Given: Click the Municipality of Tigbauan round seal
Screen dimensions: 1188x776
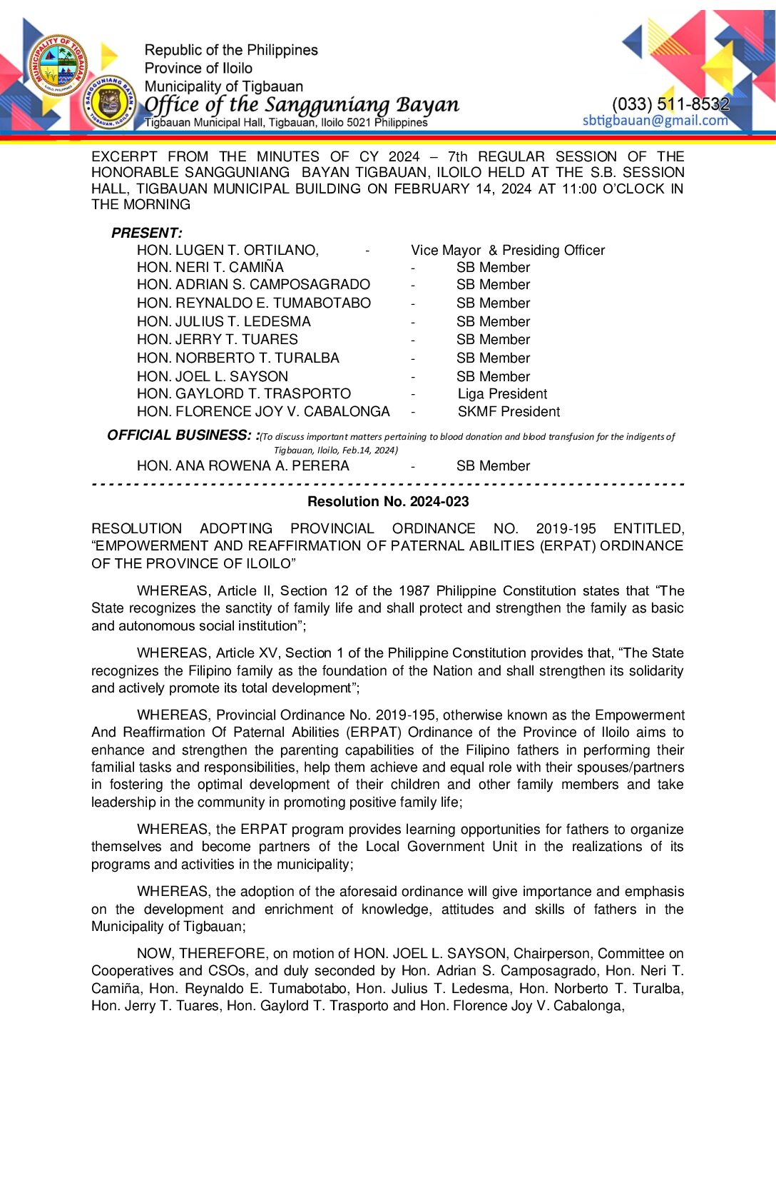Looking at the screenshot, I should click(x=58, y=65).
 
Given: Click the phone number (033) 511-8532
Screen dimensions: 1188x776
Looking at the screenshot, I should click(x=670, y=104).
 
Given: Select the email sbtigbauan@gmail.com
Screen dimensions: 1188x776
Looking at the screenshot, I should click(x=655, y=120).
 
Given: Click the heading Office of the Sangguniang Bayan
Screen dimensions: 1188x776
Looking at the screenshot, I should click(x=302, y=105).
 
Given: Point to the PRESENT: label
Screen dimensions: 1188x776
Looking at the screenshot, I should click(x=146, y=233).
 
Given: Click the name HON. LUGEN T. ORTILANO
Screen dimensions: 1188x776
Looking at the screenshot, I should click(x=228, y=250).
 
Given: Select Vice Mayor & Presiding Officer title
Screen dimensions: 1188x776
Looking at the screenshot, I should click(x=508, y=250).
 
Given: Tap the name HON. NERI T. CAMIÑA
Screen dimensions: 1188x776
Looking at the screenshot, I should click(x=210, y=267).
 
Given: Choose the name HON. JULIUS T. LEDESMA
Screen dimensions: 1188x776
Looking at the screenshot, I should click(x=224, y=321).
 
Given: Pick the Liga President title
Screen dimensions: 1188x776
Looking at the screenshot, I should click(x=502, y=393).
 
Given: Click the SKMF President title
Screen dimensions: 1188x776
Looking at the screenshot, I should click(x=509, y=411).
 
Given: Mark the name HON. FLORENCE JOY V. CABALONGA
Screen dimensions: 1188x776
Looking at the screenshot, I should click(x=263, y=411).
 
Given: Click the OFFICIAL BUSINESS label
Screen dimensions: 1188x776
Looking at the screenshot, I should click(x=183, y=435).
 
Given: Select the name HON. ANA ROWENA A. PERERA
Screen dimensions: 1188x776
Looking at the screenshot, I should click(x=243, y=465).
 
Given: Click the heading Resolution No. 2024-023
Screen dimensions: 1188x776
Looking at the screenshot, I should click(x=388, y=501).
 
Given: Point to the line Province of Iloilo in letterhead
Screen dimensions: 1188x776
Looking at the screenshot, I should click(x=198, y=68).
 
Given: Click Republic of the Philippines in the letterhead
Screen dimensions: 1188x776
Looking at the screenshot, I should click(x=231, y=50).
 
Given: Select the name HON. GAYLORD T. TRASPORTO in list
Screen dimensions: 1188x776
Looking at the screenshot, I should click(x=244, y=393).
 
